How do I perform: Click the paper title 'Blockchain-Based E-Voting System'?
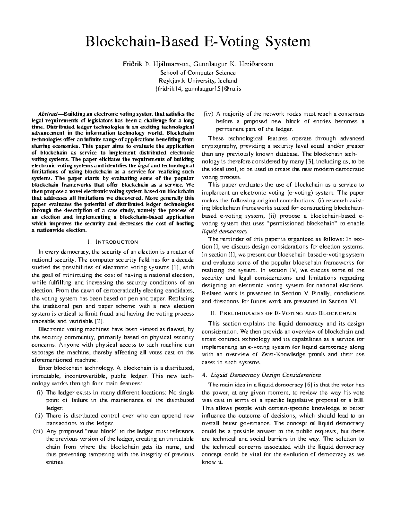(x=198, y=42)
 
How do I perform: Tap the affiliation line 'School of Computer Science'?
(x=198, y=73)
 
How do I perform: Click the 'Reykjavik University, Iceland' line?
(x=198, y=81)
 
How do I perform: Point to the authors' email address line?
(x=198, y=89)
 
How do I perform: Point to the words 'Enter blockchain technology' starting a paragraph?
(x=76, y=368)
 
